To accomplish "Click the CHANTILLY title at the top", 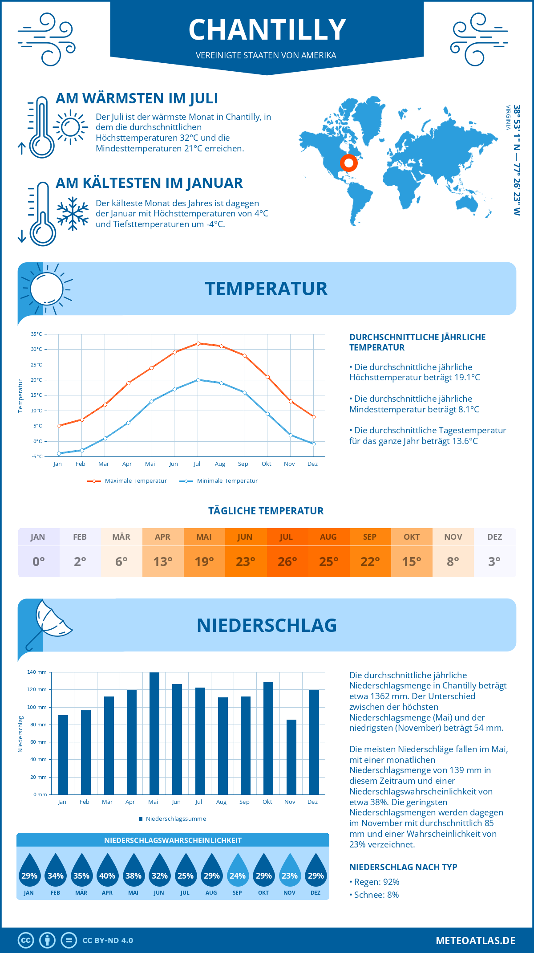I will coord(267,30).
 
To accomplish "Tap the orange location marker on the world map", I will coord(349,163).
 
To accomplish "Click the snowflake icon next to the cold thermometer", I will coord(73,214).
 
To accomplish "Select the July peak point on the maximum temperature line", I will coord(198,343).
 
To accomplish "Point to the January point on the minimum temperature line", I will coord(59,453).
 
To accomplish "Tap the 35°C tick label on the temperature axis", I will coord(36,334).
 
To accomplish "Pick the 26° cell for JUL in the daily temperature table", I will coord(287,562).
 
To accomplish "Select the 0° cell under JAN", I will coord(39,562).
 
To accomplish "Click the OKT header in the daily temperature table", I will coord(412,537).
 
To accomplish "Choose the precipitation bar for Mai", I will coord(154,733).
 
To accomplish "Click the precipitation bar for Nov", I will coord(291,757).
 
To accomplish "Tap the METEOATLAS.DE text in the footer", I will coord(475,941).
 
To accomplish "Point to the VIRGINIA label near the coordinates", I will coord(508,118).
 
